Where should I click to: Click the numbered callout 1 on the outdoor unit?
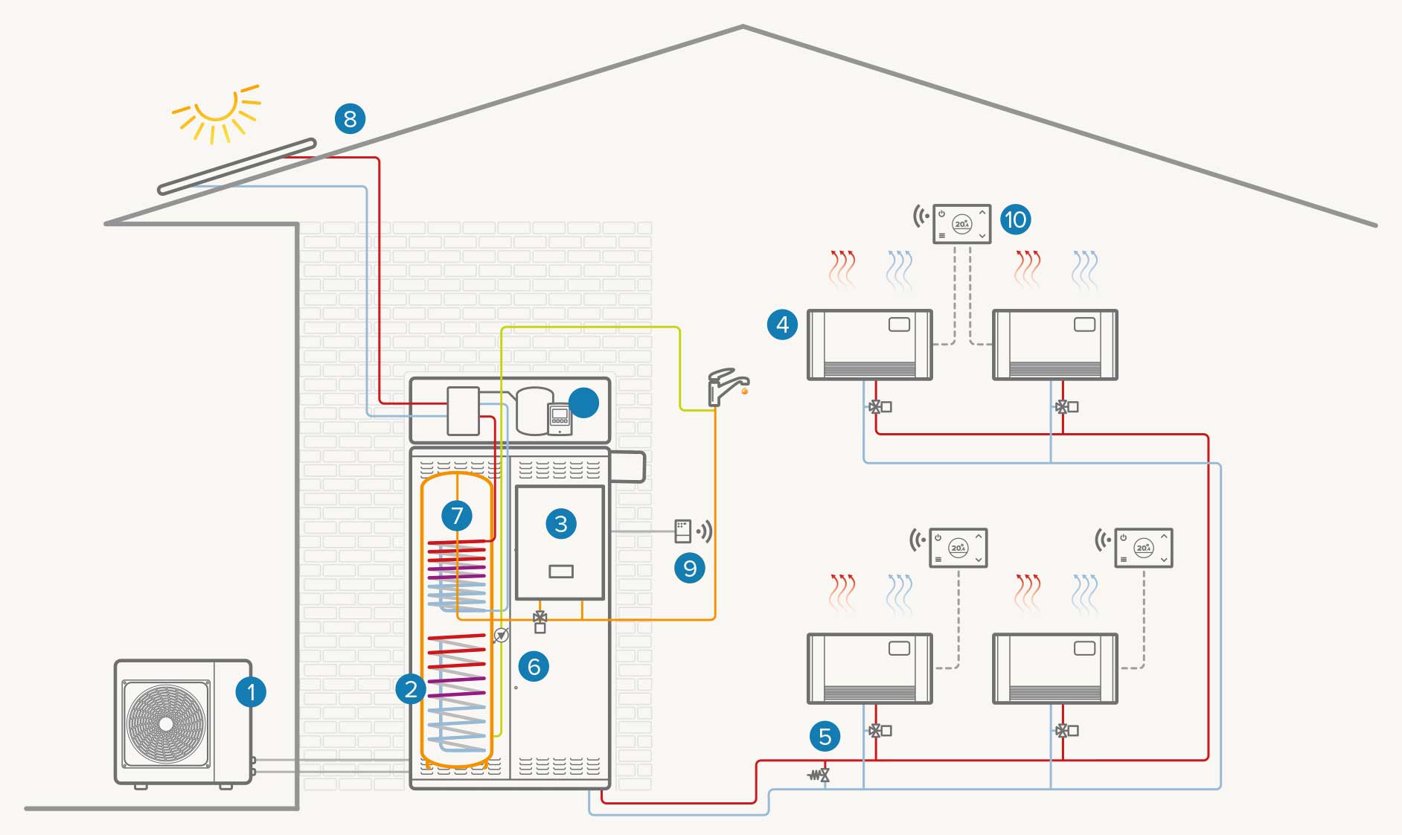pyautogui.click(x=251, y=692)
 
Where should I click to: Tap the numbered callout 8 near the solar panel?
pyautogui.click(x=350, y=118)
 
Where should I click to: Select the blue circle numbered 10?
pyautogui.click(x=1015, y=220)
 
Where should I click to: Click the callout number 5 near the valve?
pyautogui.click(x=825, y=737)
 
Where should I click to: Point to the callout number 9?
pyautogui.click(x=690, y=569)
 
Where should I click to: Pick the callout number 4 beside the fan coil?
pyautogui.click(x=782, y=324)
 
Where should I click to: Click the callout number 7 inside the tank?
pyautogui.click(x=457, y=515)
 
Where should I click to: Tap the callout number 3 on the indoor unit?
pyautogui.click(x=561, y=524)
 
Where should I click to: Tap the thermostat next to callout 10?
pyautogui.click(x=962, y=223)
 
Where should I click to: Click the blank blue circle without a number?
pyautogui.click(x=583, y=403)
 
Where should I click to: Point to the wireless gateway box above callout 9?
pyautogui.click(x=682, y=531)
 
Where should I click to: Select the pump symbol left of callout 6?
pyautogui.click(x=502, y=636)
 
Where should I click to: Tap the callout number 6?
pyautogui.click(x=534, y=666)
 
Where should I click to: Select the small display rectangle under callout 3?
pyautogui.click(x=561, y=572)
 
